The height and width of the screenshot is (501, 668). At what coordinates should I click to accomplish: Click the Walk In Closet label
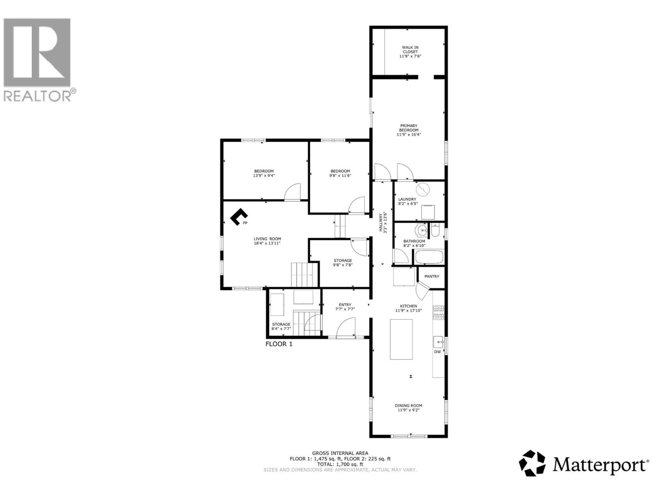click(410, 50)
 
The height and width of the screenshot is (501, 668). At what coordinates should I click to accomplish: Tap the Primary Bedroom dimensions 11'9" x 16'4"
click(409, 134)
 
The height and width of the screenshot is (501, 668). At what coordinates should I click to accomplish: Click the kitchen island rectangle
click(401, 339)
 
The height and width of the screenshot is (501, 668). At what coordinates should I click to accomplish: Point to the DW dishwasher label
click(437, 352)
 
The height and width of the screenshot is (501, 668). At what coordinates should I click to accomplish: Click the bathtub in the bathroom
click(429, 257)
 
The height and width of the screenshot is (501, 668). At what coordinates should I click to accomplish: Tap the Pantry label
click(432, 276)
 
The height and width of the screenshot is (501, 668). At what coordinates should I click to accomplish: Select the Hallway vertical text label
click(382, 223)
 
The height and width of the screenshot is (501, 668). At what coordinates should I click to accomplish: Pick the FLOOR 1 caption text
click(279, 344)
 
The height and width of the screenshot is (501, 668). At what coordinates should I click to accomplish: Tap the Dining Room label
click(409, 405)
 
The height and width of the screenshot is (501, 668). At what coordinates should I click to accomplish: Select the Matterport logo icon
click(532, 463)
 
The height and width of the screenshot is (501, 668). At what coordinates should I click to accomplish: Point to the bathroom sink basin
click(421, 230)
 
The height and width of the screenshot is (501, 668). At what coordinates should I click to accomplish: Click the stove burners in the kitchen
click(438, 312)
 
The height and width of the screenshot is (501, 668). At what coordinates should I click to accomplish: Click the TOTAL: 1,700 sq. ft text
click(340, 464)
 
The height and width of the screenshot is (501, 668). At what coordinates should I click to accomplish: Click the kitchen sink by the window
click(438, 342)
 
